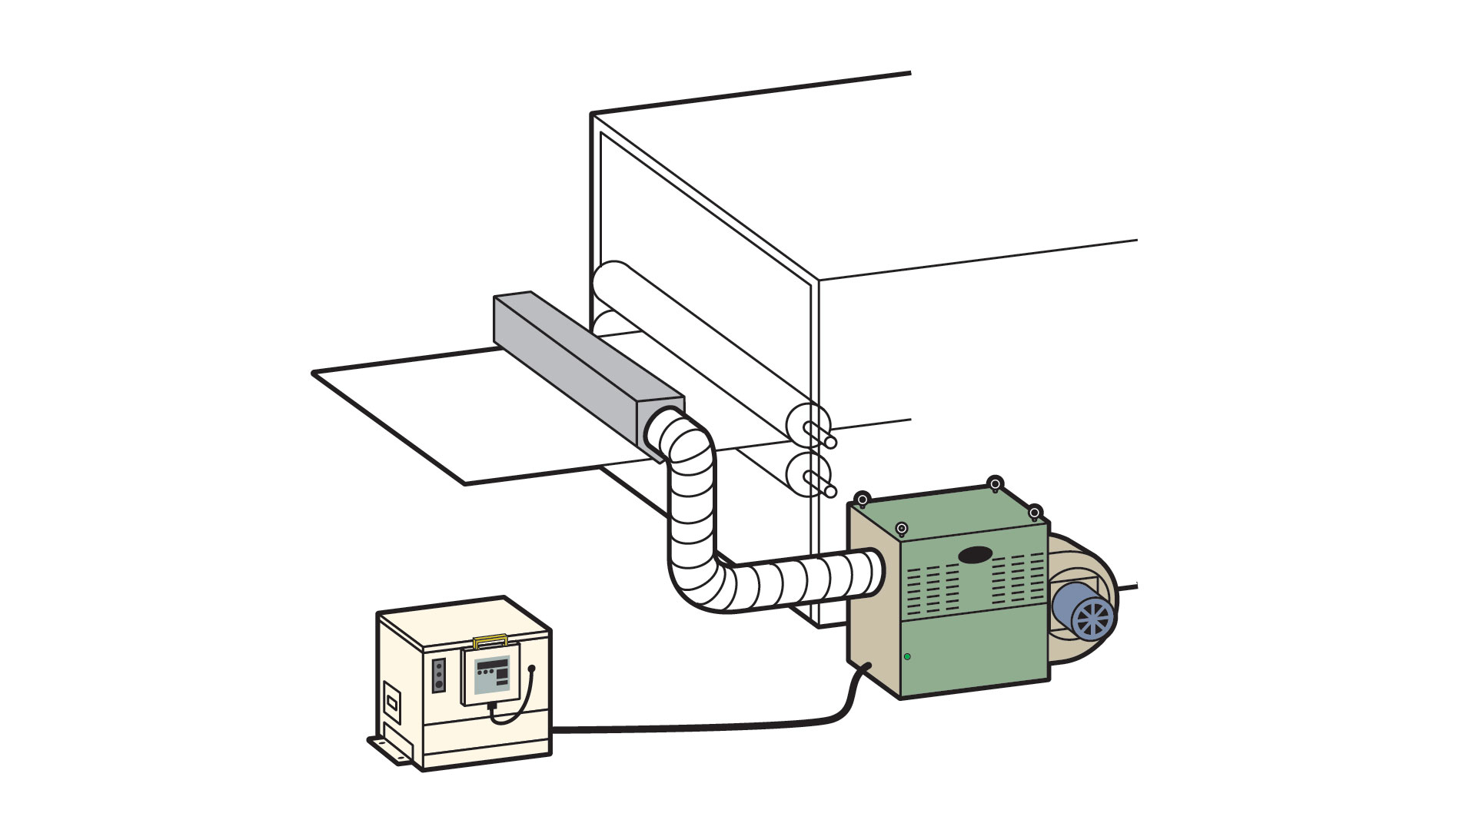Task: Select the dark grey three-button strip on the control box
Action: tap(439, 675)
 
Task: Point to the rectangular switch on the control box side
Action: tap(392, 702)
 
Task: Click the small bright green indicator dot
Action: tap(907, 656)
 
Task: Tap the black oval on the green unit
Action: tap(975, 554)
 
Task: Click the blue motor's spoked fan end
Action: tap(1092, 617)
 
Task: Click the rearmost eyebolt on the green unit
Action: tap(995, 483)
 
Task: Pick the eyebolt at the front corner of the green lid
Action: tap(902, 529)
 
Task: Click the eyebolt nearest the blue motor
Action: tap(1035, 511)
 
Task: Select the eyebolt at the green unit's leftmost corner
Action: tap(863, 498)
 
